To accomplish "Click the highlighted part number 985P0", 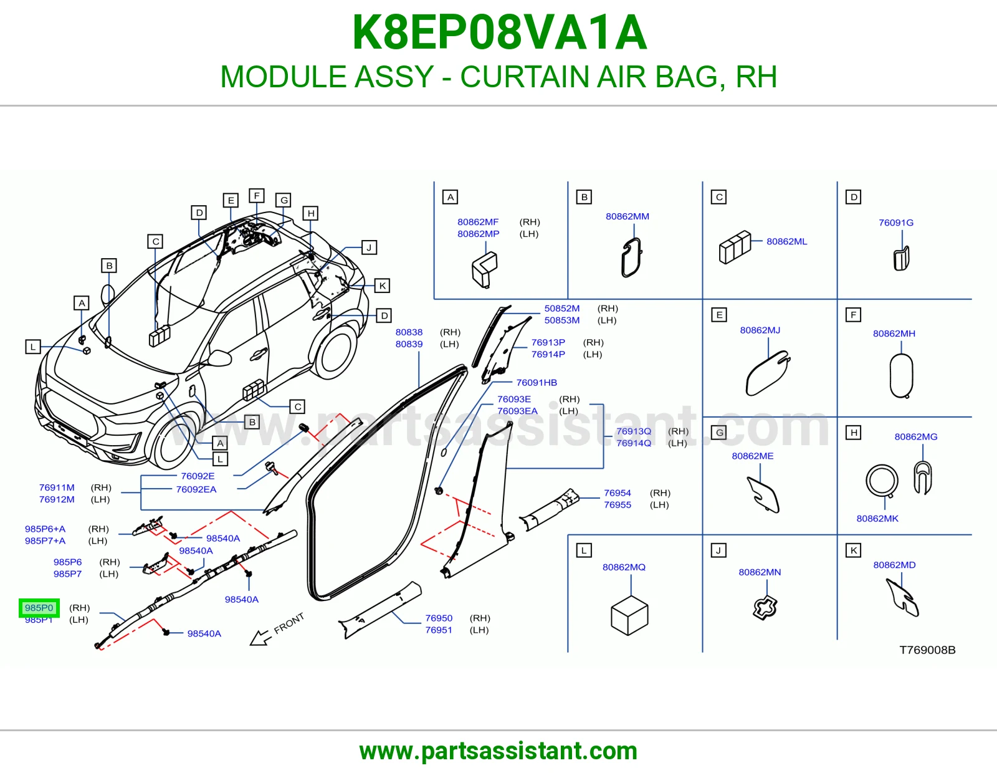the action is [39, 608].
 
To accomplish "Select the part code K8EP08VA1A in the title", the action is [499, 32].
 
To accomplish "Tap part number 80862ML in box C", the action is [786, 241].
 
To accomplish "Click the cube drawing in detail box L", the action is [629, 615].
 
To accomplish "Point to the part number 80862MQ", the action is [624, 567].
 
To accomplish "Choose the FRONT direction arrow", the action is [260, 638].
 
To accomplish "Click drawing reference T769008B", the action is [927, 650].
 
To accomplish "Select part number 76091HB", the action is [537, 382].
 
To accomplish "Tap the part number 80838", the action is [409, 332].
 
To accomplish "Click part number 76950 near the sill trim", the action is [439, 618].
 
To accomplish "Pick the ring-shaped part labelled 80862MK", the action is [882, 481].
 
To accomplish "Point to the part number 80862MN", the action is [760, 572].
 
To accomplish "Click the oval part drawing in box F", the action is [901, 375].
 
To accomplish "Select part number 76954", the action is [617, 492].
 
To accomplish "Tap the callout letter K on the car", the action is [382, 286].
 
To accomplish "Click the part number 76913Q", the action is [634, 431].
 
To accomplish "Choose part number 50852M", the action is [561, 309].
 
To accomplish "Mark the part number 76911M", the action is [57, 487].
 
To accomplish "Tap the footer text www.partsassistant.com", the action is [499, 751].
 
